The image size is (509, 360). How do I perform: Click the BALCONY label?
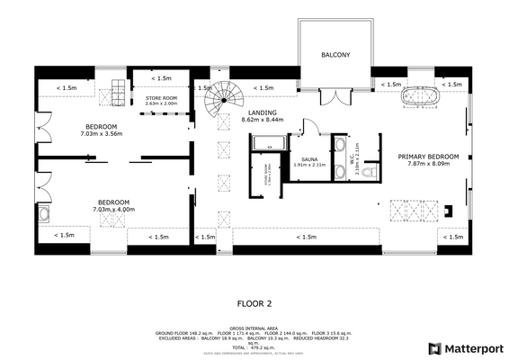[335, 56]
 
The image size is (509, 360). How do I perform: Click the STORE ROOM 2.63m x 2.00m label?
[162, 100]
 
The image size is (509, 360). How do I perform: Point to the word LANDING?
[263, 112]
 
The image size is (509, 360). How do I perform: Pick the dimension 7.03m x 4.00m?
[113, 209]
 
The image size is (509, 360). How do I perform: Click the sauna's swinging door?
[308, 128]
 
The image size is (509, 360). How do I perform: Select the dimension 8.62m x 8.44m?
[263, 120]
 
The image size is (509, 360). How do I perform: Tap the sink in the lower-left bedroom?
[43, 213]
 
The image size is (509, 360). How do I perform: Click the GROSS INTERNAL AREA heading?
[254, 328]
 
